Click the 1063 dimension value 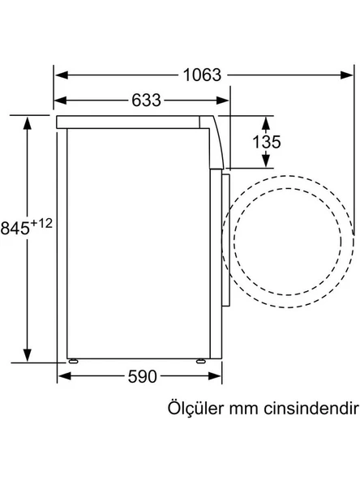[202, 75]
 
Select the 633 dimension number [146, 100]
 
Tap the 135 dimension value [266, 142]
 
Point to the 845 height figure [15, 229]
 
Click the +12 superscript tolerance [41, 224]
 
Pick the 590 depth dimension [142, 376]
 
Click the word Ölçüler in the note [195, 408]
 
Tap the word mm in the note [242, 410]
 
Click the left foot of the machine [74, 362]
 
